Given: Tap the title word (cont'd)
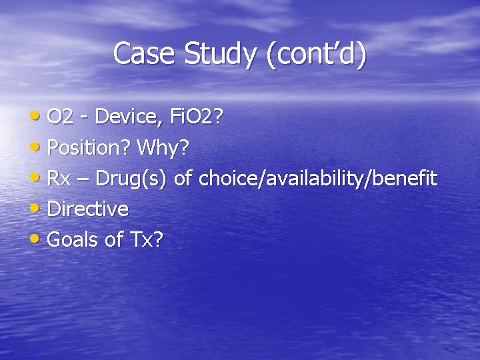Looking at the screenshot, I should click(315, 54).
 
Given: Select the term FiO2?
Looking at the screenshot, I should click(197, 117).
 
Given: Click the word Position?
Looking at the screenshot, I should click(89, 148).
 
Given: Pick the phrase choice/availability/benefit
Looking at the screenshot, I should click(318, 179).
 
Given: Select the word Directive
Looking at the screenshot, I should click(88, 209).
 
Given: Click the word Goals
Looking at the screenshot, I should click(73, 239).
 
